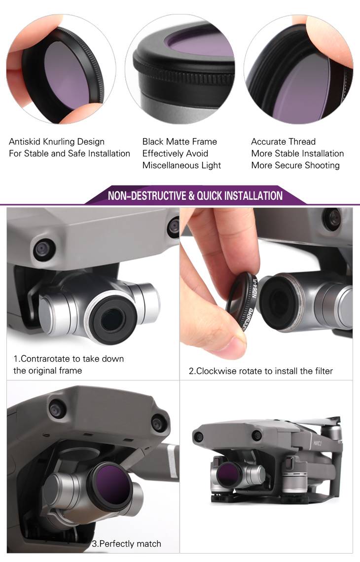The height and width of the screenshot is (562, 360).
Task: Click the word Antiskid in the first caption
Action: (x=24, y=142)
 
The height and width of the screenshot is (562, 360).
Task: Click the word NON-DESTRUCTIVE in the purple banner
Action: (x=147, y=196)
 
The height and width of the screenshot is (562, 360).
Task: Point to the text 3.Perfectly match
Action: (x=126, y=544)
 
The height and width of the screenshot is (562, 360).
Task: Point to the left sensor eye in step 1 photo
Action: (x=44, y=249)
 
